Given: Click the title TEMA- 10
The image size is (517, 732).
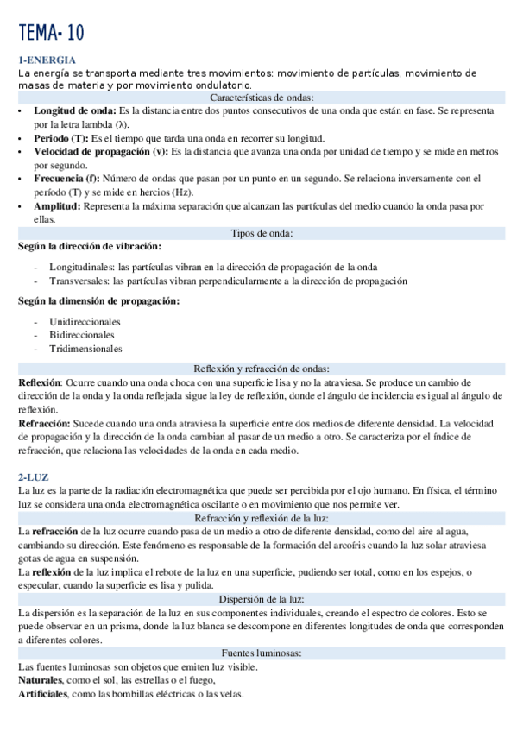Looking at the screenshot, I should (x=52, y=34).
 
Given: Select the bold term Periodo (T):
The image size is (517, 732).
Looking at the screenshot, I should (x=60, y=138).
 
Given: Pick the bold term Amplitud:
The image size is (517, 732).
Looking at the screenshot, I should (x=58, y=206).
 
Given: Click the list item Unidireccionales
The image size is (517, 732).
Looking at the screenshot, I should (x=85, y=322).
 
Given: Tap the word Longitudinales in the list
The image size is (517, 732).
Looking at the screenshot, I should (x=81, y=268).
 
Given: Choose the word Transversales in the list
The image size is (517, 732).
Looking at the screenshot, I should (x=78, y=281).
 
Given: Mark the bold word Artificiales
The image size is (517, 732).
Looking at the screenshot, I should (x=44, y=694).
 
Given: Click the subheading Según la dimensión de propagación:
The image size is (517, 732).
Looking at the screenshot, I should (x=99, y=300).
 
